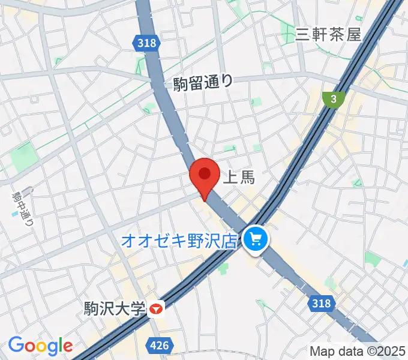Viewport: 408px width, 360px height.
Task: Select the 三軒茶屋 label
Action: pyautogui.click(x=329, y=34)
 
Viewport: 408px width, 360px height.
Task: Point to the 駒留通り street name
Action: pyautogui.click(x=203, y=83)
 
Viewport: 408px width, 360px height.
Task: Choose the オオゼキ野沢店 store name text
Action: pyautogui.click(x=179, y=241)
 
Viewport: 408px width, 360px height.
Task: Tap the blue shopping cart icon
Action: pyautogui.click(x=256, y=241)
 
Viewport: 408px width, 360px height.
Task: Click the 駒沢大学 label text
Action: pyautogui.click(x=116, y=310)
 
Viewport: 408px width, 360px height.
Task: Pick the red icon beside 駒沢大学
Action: pyautogui.click(x=157, y=310)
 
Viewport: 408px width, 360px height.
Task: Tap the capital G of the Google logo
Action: pyautogui.click(x=16, y=345)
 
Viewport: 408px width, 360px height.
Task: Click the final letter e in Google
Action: pyautogui.click(x=67, y=347)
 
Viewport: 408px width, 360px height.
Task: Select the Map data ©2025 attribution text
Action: pyautogui.click(x=356, y=351)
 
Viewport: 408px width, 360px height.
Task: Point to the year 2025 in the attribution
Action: pyautogui.click(x=392, y=351)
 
